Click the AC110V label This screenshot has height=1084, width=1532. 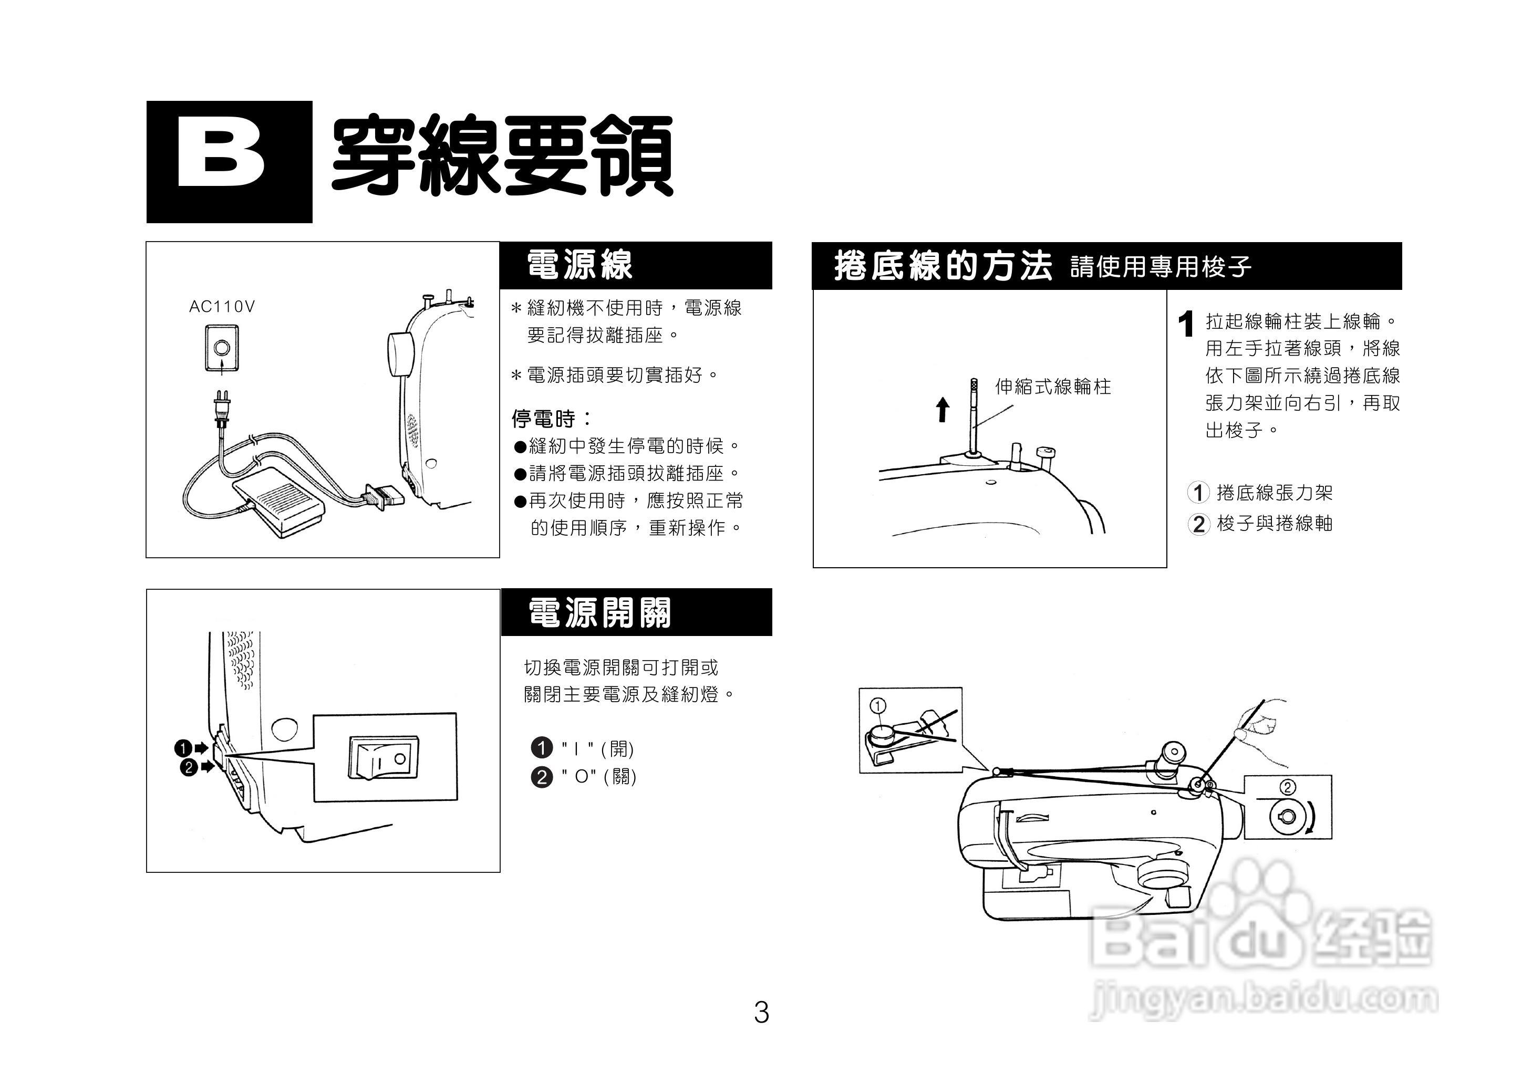pos(222,306)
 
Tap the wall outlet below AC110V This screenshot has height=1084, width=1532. pos(222,348)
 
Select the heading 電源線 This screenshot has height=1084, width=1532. pos(579,265)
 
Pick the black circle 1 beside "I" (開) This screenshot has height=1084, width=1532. pos(541,747)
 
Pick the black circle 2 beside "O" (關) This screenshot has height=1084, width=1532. pos(541,776)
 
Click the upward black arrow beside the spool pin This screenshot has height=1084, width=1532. pos(942,409)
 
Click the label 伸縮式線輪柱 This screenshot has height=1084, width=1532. pos(1053,387)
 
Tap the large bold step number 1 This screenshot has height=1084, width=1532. pos(1186,325)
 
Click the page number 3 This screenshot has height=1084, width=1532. pos(761,1013)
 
